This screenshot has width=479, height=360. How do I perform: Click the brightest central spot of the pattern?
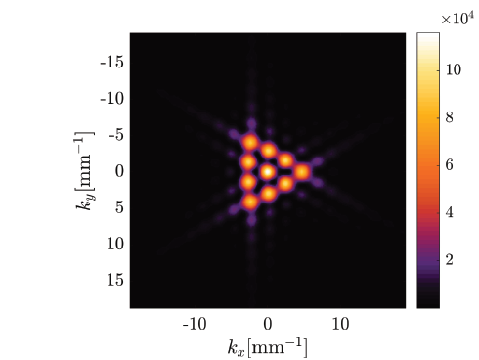(x=267, y=171)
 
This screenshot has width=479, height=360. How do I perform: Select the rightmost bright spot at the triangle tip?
(x=303, y=172)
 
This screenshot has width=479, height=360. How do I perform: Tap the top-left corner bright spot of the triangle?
(x=249, y=142)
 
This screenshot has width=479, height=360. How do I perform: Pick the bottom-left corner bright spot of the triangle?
(x=249, y=202)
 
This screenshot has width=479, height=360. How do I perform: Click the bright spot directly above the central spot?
(x=268, y=151)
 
